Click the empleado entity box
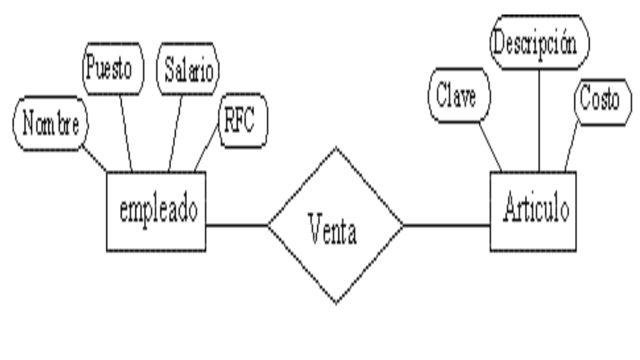(156, 211)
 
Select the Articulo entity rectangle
(533, 211)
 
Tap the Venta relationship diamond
(335, 226)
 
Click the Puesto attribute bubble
(112, 69)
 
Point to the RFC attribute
(243, 120)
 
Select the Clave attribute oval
(459, 95)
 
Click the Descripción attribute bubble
(539, 43)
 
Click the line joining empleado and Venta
(237, 225)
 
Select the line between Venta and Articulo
(446, 225)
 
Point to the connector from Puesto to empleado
(126, 132)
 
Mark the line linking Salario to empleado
(175, 132)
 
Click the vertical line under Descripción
(539, 120)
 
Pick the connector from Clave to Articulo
(490, 146)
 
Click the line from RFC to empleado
(206, 146)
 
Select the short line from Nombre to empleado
(94, 158)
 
